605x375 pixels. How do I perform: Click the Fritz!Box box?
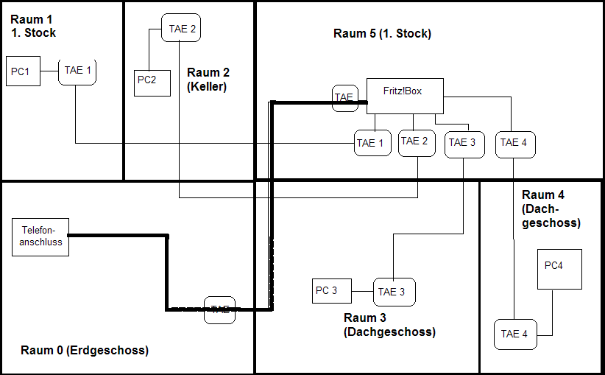tap(405, 96)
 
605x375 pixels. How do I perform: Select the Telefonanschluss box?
tap(41, 236)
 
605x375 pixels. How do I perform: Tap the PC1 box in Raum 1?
tap(23, 71)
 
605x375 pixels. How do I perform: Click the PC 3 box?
tap(332, 291)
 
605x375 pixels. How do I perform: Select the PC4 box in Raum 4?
tap(559, 269)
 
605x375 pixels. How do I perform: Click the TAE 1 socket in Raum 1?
tap(77, 71)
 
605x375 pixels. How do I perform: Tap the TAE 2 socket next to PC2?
tap(181, 29)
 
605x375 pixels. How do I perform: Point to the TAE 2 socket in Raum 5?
tap(415, 142)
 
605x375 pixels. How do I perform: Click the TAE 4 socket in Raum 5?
tap(514, 143)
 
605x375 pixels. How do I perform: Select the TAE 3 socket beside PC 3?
tap(394, 292)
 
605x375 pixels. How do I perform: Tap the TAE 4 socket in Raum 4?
tap(515, 334)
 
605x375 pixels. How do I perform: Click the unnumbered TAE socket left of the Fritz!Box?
tap(344, 98)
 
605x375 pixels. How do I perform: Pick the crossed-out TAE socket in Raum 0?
tap(220, 310)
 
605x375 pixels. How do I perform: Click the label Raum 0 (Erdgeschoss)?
tap(85, 351)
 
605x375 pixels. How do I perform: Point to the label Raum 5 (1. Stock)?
tap(382, 34)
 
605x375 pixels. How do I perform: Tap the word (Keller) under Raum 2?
tap(207, 86)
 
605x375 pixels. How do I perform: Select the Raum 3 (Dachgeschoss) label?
tap(389, 325)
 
